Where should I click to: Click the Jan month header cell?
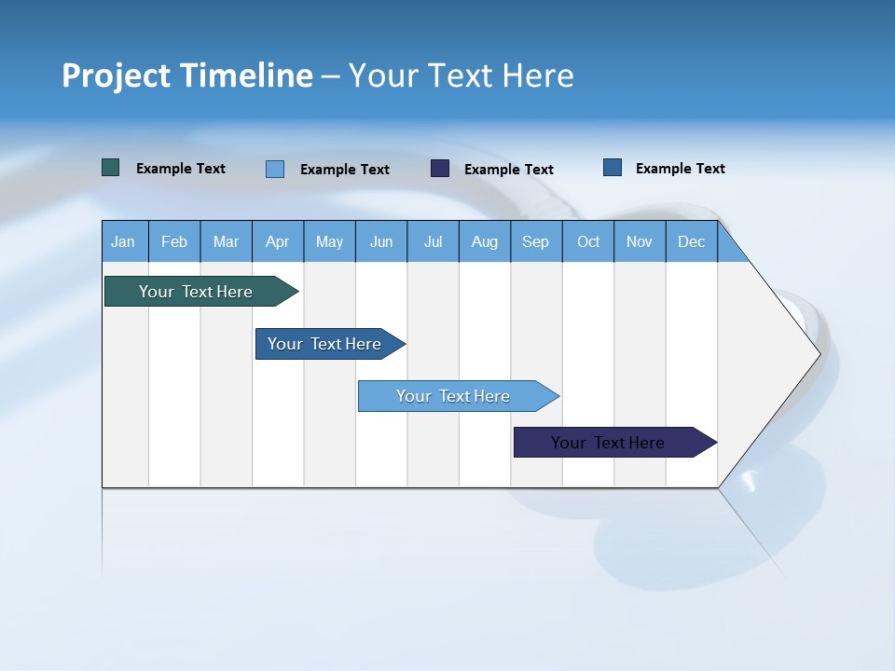pyautogui.click(x=124, y=241)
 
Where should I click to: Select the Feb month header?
pyautogui.click(x=174, y=241)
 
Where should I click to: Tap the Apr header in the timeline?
pyautogui.click(x=278, y=241)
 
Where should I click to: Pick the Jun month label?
pyautogui.click(x=381, y=241)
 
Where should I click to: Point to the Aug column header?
pyautogui.click(x=485, y=241)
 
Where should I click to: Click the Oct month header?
pyautogui.click(x=588, y=241)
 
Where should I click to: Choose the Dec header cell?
pyautogui.click(x=692, y=241)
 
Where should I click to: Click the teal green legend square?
pyautogui.click(x=111, y=168)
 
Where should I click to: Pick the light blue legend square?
pyautogui.click(x=275, y=169)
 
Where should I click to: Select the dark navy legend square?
pyautogui.click(x=440, y=169)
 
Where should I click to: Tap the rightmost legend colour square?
pyautogui.click(x=613, y=168)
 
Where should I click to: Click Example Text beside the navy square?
pyautogui.click(x=508, y=170)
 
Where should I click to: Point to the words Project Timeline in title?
pyautogui.click(x=187, y=75)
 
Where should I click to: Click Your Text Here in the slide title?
pyautogui.click(x=461, y=75)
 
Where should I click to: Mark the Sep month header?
pyautogui.click(x=536, y=241)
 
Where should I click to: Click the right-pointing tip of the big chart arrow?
pyautogui.click(x=815, y=353)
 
